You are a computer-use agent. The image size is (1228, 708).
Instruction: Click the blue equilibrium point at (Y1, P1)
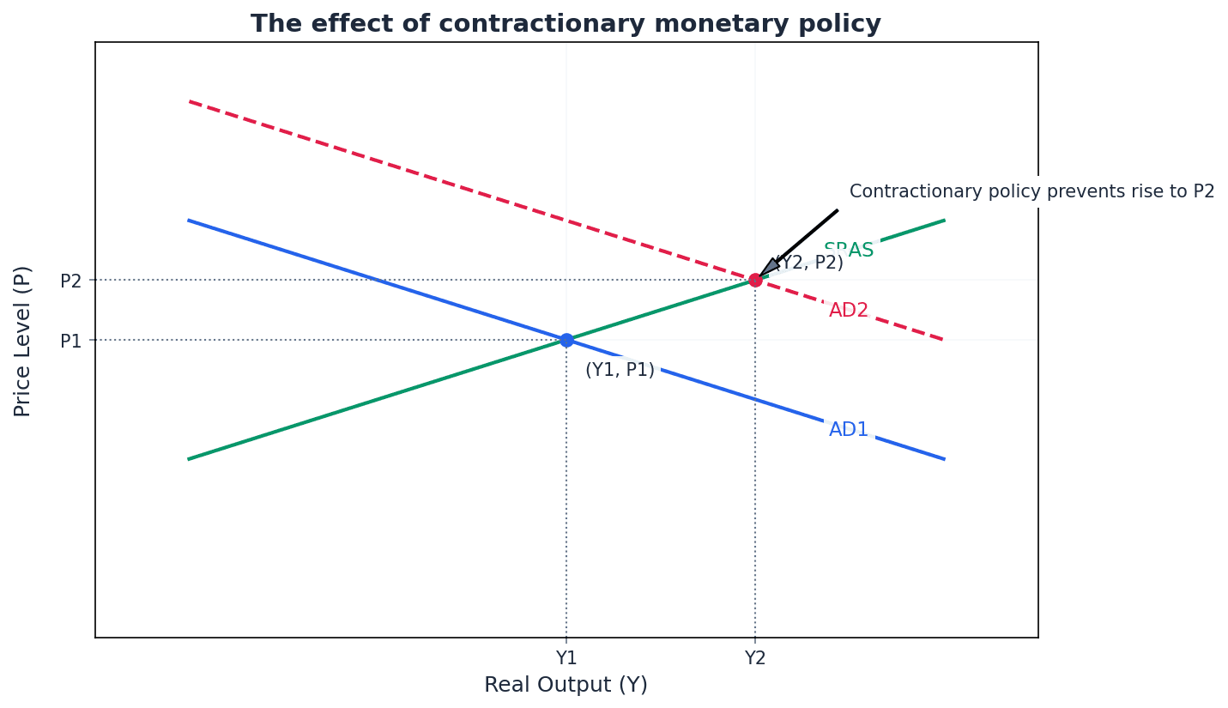click(566, 340)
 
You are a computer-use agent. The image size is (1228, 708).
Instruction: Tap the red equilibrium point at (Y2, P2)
click(755, 280)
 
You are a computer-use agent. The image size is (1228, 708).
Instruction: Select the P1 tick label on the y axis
click(71, 341)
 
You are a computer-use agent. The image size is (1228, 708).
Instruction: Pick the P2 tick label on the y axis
click(71, 281)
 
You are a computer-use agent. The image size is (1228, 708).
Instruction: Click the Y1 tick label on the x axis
click(566, 658)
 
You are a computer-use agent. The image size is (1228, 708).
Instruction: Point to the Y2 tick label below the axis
click(755, 658)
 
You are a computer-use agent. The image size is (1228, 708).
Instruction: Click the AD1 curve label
click(849, 430)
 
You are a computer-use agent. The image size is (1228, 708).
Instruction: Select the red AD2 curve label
click(849, 311)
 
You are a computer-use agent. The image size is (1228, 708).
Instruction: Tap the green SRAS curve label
click(849, 251)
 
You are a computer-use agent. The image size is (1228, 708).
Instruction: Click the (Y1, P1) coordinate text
click(620, 370)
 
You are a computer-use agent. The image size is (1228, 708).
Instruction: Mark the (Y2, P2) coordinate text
click(809, 263)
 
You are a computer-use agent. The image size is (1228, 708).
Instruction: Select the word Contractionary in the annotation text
click(902, 191)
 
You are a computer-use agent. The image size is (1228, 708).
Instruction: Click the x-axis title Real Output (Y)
click(566, 685)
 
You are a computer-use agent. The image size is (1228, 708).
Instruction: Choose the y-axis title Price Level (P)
click(23, 341)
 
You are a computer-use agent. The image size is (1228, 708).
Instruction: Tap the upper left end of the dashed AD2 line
click(190, 101)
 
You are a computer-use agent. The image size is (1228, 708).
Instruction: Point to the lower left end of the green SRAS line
click(190, 459)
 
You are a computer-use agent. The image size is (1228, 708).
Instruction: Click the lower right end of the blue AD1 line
click(944, 459)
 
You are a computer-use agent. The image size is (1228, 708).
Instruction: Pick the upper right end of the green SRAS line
click(944, 221)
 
